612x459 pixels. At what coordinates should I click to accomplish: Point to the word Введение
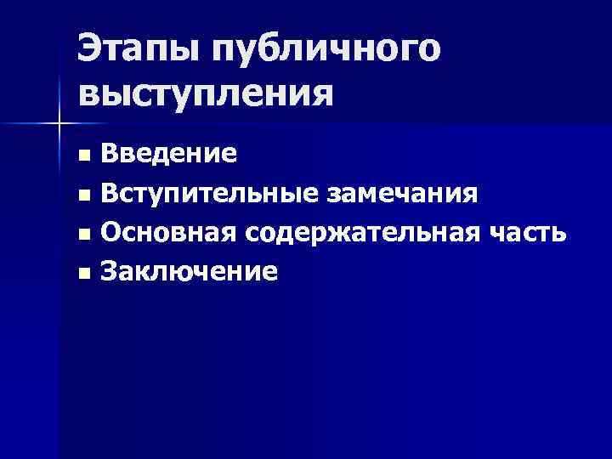coord(168,154)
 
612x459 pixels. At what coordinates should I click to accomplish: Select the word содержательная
coord(358,232)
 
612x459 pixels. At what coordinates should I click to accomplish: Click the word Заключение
coord(188,271)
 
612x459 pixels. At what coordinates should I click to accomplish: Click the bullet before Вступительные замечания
coord(82,195)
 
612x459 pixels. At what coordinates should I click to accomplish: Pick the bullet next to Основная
coord(82,234)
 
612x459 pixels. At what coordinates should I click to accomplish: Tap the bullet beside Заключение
coord(82,273)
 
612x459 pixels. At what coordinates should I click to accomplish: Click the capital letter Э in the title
coord(90,49)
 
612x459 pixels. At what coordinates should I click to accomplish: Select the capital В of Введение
coord(109,154)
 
